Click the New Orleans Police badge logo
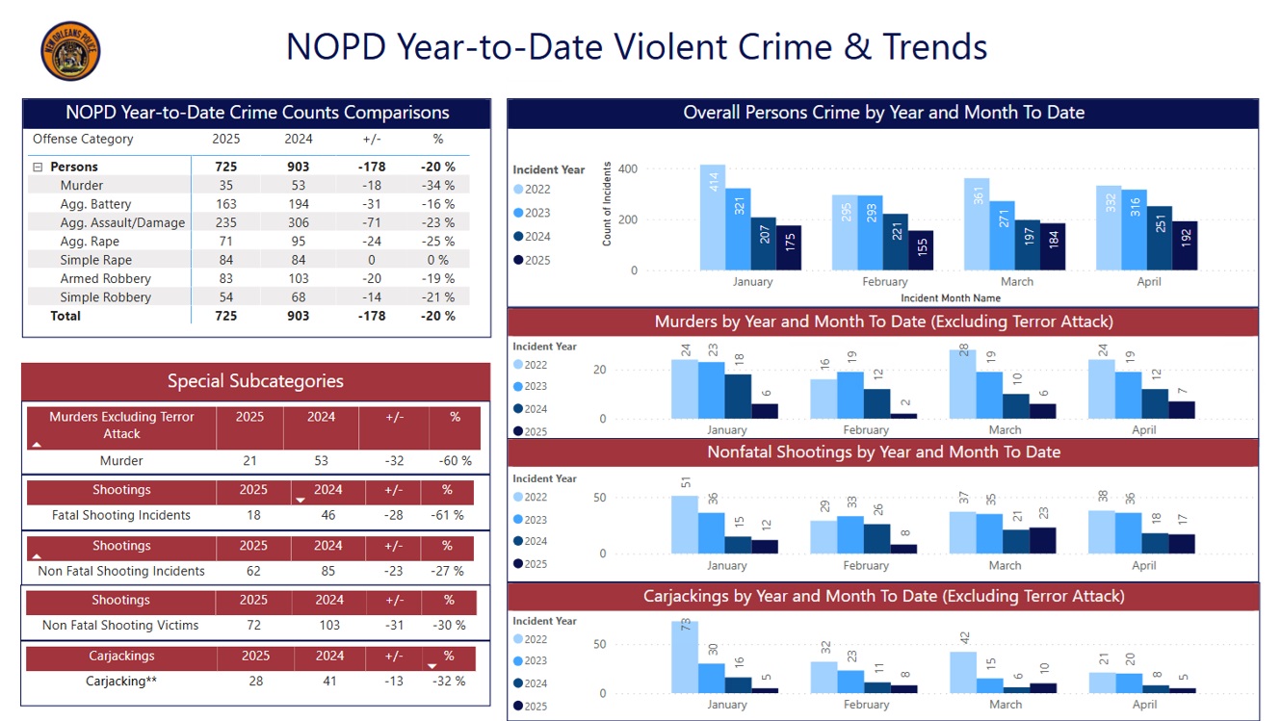pos(70,51)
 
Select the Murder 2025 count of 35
pos(226,185)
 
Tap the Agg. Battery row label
pos(95,204)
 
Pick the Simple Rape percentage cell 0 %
pos(437,260)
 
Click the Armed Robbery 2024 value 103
pos(299,278)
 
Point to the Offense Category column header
pos(83,139)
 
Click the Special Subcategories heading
pos(255,381)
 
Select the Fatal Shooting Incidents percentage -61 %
pos(446,515)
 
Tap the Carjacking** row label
pos(121,681)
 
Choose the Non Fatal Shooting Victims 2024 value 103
pos(329,625)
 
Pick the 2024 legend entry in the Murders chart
pos(536,409)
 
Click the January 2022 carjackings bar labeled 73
pos(685,657)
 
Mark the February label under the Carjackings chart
pos(866,705)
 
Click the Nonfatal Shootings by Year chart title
pos(883,452)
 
